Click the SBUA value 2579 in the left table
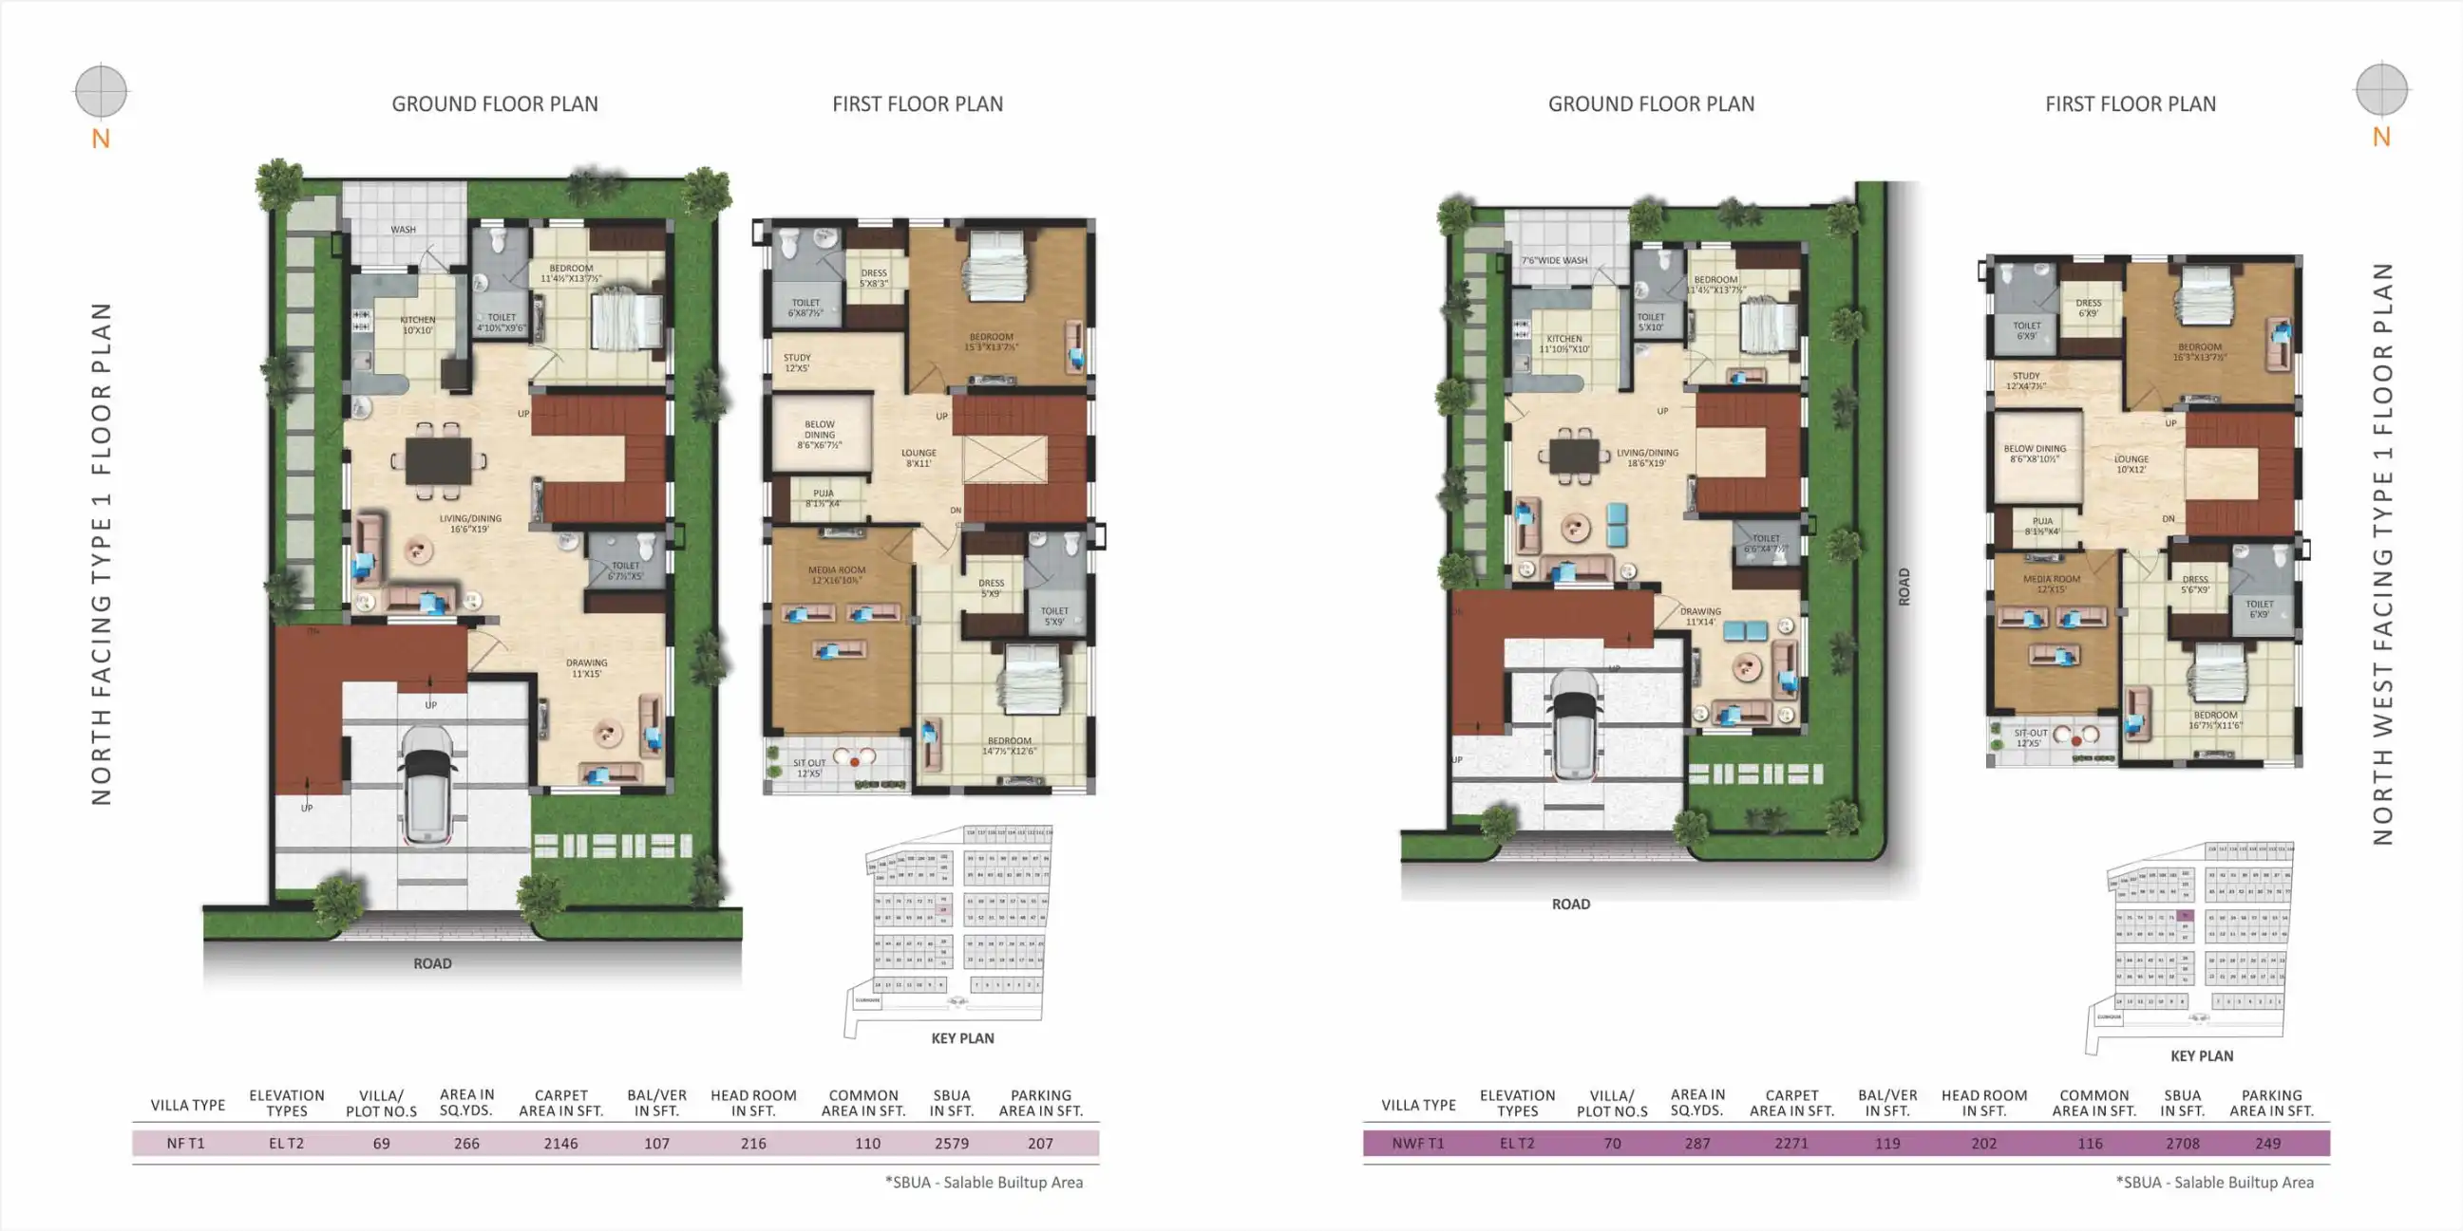point(952,1143)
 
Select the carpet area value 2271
point(1790,1143)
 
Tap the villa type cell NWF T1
point(1418,1143)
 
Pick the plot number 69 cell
point(382,1143)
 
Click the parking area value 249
point(2267,1143)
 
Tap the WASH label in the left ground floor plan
point(403,230)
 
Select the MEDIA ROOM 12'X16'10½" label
point(837,574)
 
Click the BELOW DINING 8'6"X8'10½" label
point(2035,453)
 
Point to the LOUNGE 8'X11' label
point(918,457)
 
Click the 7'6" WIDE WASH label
point(1555,260)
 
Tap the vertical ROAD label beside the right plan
point(1904,586)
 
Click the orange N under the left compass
point(101,140)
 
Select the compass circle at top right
point(2380,90)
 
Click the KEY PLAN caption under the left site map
point(962,1038)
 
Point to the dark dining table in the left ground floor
point(438,461)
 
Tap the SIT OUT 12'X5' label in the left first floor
point(809,768)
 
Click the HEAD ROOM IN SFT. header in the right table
point(1983,1103)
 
